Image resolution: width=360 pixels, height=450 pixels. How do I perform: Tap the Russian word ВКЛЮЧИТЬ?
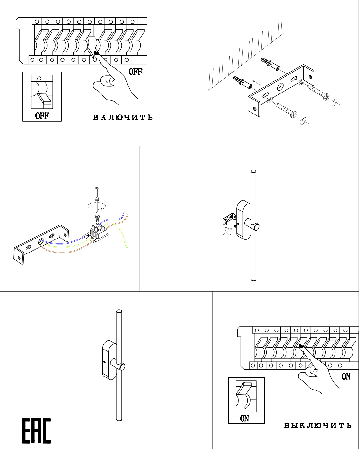point(123,117)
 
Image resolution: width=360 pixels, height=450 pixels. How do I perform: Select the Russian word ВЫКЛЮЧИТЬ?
point(318,425)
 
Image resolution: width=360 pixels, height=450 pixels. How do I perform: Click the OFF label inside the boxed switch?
point(42,115)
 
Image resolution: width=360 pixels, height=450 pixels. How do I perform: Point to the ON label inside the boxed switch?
point(244,419)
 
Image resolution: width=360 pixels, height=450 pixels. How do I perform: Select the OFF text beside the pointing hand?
point(135,72)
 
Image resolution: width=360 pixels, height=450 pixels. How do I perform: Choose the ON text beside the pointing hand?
point(346,377)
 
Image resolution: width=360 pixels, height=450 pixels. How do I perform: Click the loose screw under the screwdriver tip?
point(97,217)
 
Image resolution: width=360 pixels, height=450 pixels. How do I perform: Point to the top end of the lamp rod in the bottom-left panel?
point(119,312)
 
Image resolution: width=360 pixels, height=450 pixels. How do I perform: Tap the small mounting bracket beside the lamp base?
point(229,219)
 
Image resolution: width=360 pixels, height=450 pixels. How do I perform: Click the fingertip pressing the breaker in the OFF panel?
point(96,54)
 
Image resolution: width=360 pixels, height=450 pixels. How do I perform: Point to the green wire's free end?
point(127,247)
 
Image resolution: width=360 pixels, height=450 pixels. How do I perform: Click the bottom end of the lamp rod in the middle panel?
point(254,280)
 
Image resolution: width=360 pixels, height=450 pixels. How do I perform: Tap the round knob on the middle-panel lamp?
point(256,227)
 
